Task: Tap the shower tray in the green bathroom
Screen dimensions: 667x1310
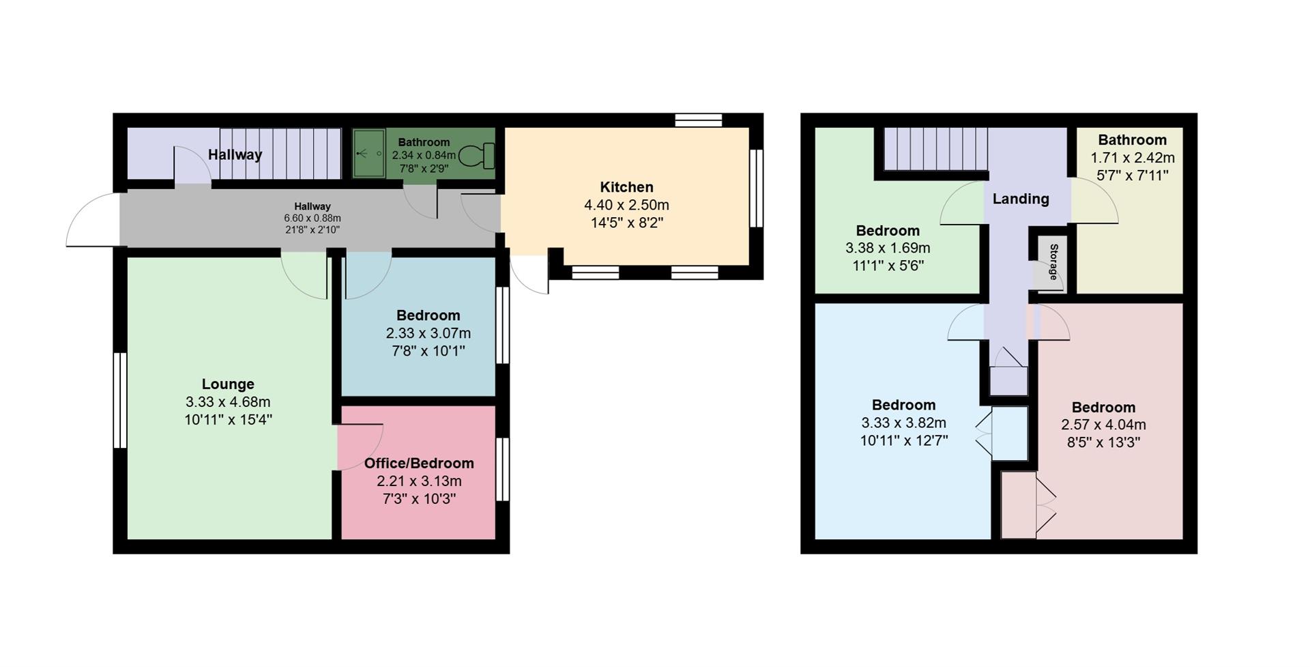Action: pyautogui.click(x=368, y=154)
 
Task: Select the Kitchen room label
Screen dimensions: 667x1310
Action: pyautogui.click(x=626, y=187)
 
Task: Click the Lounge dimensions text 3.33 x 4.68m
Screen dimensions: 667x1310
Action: pyautogui.click(x=227, y=402)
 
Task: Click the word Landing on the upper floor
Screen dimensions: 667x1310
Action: pyautogui.click(x=1020, y=199)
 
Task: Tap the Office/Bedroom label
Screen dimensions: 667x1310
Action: pyautogui.click(x=419, y=463)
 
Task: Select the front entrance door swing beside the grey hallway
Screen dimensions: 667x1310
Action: pyautogui.click(x=93, y=220)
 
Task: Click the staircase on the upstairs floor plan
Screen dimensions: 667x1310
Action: pyautogui.click(x=935, y=148)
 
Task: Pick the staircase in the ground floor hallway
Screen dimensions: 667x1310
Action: pyautogui.click(x=280, y=154)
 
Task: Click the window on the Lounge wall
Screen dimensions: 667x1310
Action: pyautogui.click(x=120, y=400)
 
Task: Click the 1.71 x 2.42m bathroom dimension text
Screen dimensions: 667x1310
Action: pyautogui.click(x=1132, y=158)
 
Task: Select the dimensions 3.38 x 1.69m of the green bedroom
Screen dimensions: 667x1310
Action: pyautogui.click(x=887, y=249)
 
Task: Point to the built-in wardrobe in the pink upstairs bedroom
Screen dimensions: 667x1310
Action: pyautogui.click(x=1018, y=504)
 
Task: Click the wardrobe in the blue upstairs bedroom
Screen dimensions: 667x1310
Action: pyautogui.click(x=1009, y=433)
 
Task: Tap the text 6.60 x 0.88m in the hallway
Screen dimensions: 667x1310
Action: pyautogui.click(x=312, y=218)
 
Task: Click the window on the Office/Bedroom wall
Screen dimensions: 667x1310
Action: pyautogui.click(x=503, y=470)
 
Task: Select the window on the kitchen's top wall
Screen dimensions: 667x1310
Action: pyautogui.click(x=698, y=121)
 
